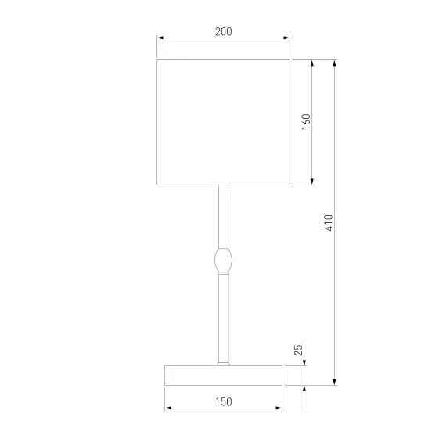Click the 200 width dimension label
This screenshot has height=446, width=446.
(223, 31)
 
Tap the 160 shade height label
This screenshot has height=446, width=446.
(306, 122)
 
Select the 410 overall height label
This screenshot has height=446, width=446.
(329, 223)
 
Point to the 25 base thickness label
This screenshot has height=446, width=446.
(298, 350)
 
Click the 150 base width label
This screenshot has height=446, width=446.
(224, 402)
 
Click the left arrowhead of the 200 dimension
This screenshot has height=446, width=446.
(160, 38)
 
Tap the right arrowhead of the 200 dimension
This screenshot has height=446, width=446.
(286, 38)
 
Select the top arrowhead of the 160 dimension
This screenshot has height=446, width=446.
(312, 63)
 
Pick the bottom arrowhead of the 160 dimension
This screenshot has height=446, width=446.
(312, 182)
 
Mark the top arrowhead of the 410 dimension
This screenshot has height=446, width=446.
(335, 63)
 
